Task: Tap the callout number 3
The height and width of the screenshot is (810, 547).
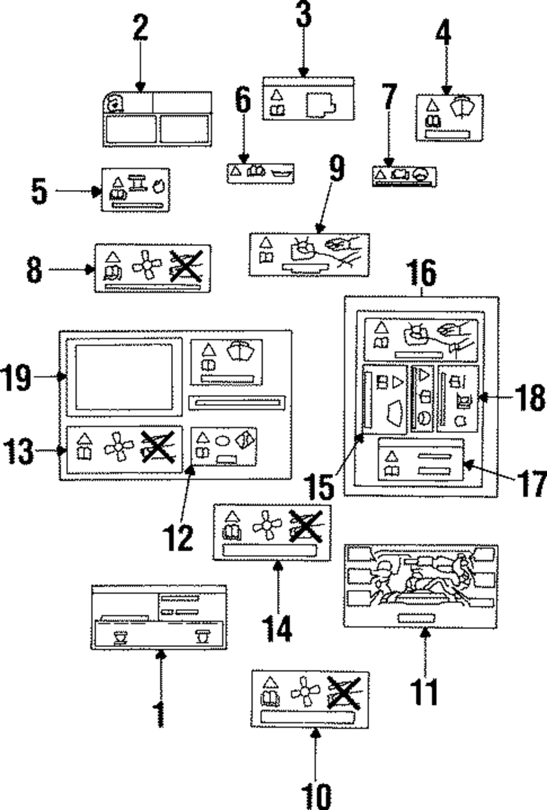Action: click(304, 15)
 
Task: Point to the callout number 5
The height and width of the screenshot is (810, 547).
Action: click(39, 192)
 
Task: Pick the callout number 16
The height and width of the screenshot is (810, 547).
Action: click(422, 273)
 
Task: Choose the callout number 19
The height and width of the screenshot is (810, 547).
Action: click(16, 377)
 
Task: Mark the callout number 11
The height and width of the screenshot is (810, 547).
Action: click(424, 691)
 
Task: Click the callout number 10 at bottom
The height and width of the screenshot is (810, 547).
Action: click(316, 796)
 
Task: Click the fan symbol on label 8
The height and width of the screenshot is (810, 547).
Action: click(147, 266)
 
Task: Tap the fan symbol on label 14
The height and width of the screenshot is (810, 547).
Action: click(267, 525)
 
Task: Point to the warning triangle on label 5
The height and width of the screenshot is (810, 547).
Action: click(117, 182)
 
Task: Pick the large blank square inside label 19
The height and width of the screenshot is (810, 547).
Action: click(124, 377)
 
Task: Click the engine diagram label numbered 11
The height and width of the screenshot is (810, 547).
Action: click(421, 586)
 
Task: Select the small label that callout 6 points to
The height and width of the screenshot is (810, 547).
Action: click(260, 172)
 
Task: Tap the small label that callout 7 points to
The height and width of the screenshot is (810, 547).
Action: click(404, 177)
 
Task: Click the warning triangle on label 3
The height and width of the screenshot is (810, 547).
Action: click(277, 95)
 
